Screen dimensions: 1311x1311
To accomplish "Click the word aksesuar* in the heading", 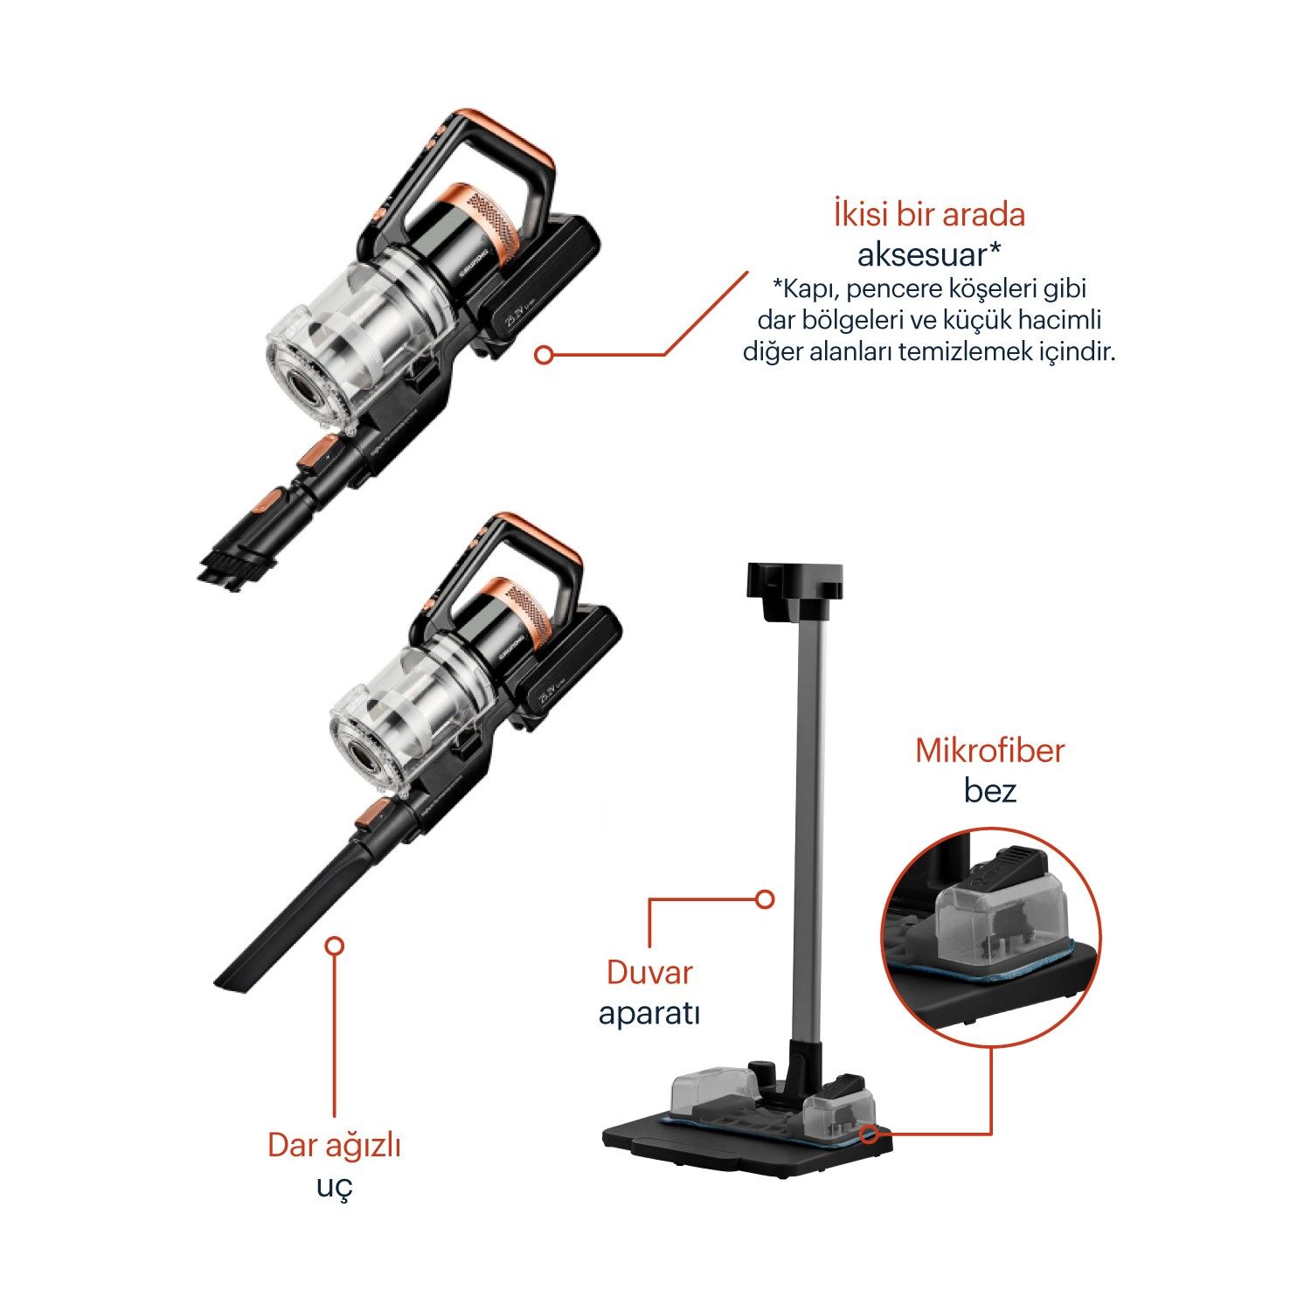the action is tap(929, 254).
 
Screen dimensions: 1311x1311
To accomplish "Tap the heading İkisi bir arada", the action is tap(929, 214).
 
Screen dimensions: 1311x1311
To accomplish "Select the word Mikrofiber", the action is tap(989, 751).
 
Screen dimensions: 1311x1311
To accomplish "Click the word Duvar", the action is tap(649, 973).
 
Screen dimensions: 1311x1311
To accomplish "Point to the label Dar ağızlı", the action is tap(334, 1147).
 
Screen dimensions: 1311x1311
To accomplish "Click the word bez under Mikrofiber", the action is tap(990, 791).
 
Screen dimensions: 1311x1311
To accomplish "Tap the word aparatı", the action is tap(649, 1014).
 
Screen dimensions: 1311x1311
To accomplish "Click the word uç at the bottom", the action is tap(336, 1188).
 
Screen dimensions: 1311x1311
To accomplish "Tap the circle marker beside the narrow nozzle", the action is tap(334, 946).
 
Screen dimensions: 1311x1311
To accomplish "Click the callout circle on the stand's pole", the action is tap(765, 898).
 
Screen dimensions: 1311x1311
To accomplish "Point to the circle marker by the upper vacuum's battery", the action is tap(544, 355).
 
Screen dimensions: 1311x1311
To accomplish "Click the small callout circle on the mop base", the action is tap(868, 1134).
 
